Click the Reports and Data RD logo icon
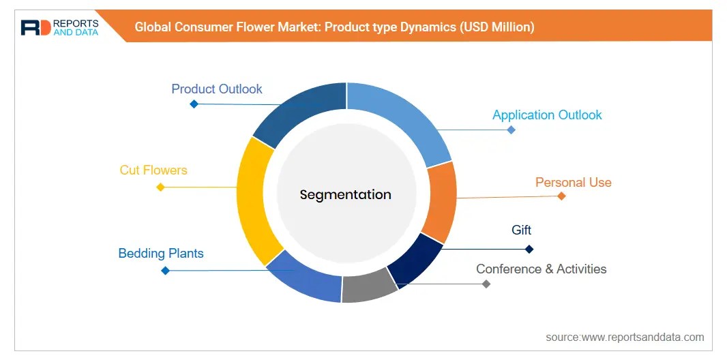(x=35, y=27)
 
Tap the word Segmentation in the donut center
(x=346, y=194)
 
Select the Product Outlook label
(x=217, y=89)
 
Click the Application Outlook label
(x=547, y=115)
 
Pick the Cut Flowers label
(x=153, y=170)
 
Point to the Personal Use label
(x=573, y=183)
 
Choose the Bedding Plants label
(x=161, y=254)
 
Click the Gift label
(x=521, y=230)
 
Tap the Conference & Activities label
(x=541, y=269)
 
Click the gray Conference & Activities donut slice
(x=368, y=286)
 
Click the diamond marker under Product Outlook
(x=194, y=104)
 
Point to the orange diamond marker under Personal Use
(x=561, y=196)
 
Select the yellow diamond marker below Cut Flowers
(x=160, y=187)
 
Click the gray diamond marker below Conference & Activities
(x=486, y=284)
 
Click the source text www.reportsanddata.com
(x=625, y=337)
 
